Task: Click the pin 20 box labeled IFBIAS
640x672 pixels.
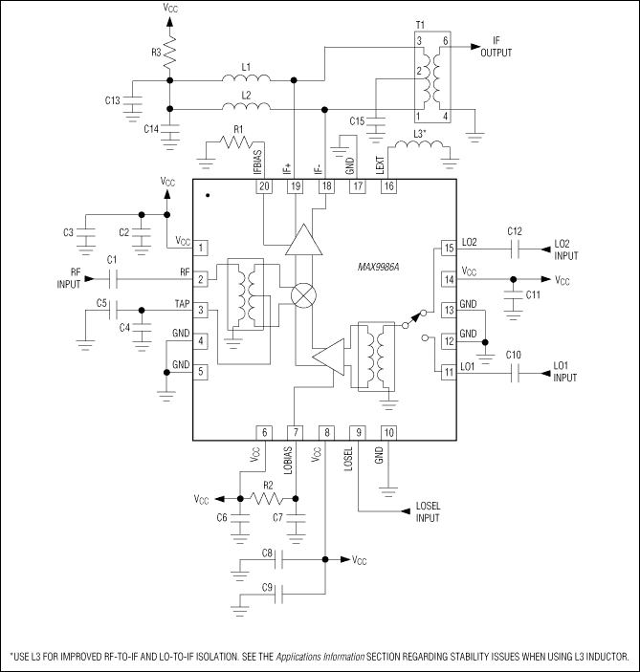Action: pyautogui.click(x=264, y=187)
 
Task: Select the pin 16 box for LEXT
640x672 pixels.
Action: pyautogui.click(x=388, y=187)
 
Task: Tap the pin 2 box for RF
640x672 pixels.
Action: pyautogui.click(x=202, y=279)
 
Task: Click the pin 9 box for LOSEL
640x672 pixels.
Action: pyautogui.click(x=358, y=432)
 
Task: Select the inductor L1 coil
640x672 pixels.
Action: pyautogui.click(x=246, y=80)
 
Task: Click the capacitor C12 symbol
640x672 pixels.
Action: pyautogui.click(x=515, y=249)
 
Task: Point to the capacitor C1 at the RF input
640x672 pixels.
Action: pyautogui.click(x=113, y=279)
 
